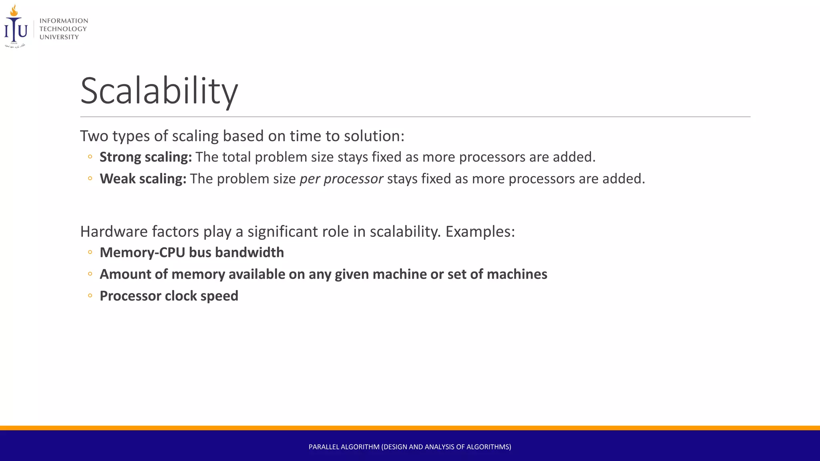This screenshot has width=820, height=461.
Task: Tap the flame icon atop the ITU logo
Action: click(x=14, y=11)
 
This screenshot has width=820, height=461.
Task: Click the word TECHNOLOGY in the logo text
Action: click(x=63, y=29)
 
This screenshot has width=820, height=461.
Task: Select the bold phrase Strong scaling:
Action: click(x=146, y=157)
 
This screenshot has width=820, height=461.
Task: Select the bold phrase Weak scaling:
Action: click(x=143, y=178)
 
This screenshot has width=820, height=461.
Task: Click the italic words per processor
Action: click(x=341, y=178)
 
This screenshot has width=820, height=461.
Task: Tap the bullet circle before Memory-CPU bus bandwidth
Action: click(x=90, y=252)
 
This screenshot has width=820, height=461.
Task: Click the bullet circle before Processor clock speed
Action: click(x=90, y=296)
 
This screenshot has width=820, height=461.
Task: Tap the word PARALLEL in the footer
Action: click(x=324, y=447)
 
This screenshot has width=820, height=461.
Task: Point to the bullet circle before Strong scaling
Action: click(x=90, y=157)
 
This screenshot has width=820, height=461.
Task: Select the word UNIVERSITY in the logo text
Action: click(x=59, y=37)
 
